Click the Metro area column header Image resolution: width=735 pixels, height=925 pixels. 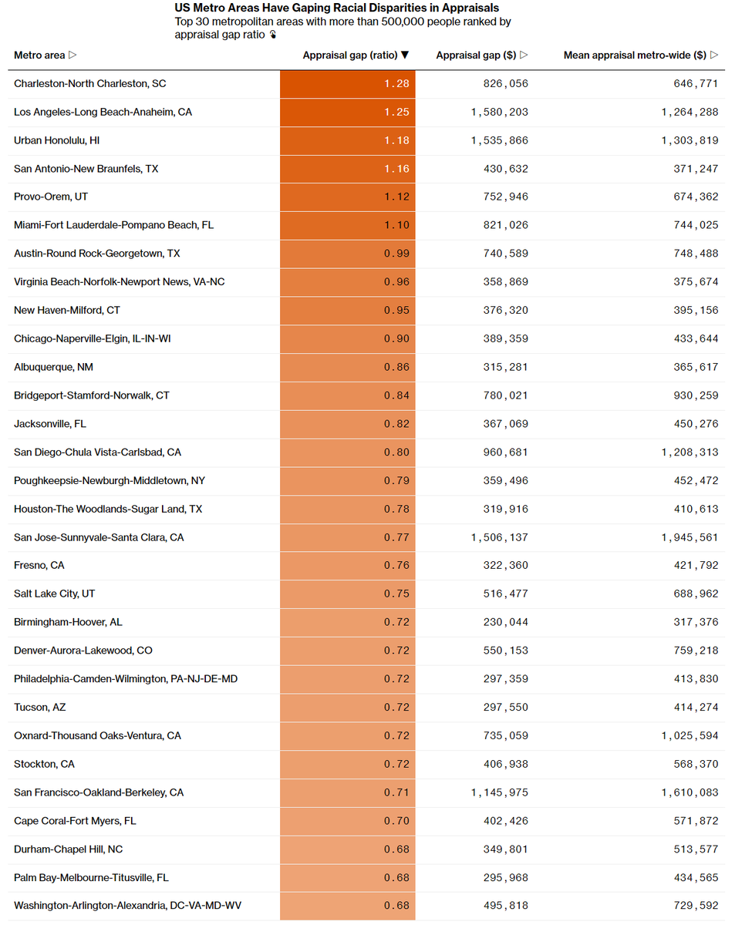click(45, 55)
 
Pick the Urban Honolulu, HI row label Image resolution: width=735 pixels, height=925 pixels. click(56, 140)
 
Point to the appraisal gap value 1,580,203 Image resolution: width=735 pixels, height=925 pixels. click(499, 112)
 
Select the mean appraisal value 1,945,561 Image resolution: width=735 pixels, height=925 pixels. click(689, 537)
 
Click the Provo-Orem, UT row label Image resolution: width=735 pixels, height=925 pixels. click(51, 197)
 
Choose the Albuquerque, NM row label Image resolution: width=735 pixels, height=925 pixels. click(53, 367)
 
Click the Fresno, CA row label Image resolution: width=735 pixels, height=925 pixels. click(39, 565)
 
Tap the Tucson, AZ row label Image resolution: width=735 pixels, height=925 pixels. click(40, 707)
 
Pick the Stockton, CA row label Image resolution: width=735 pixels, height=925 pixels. click(44, 764)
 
